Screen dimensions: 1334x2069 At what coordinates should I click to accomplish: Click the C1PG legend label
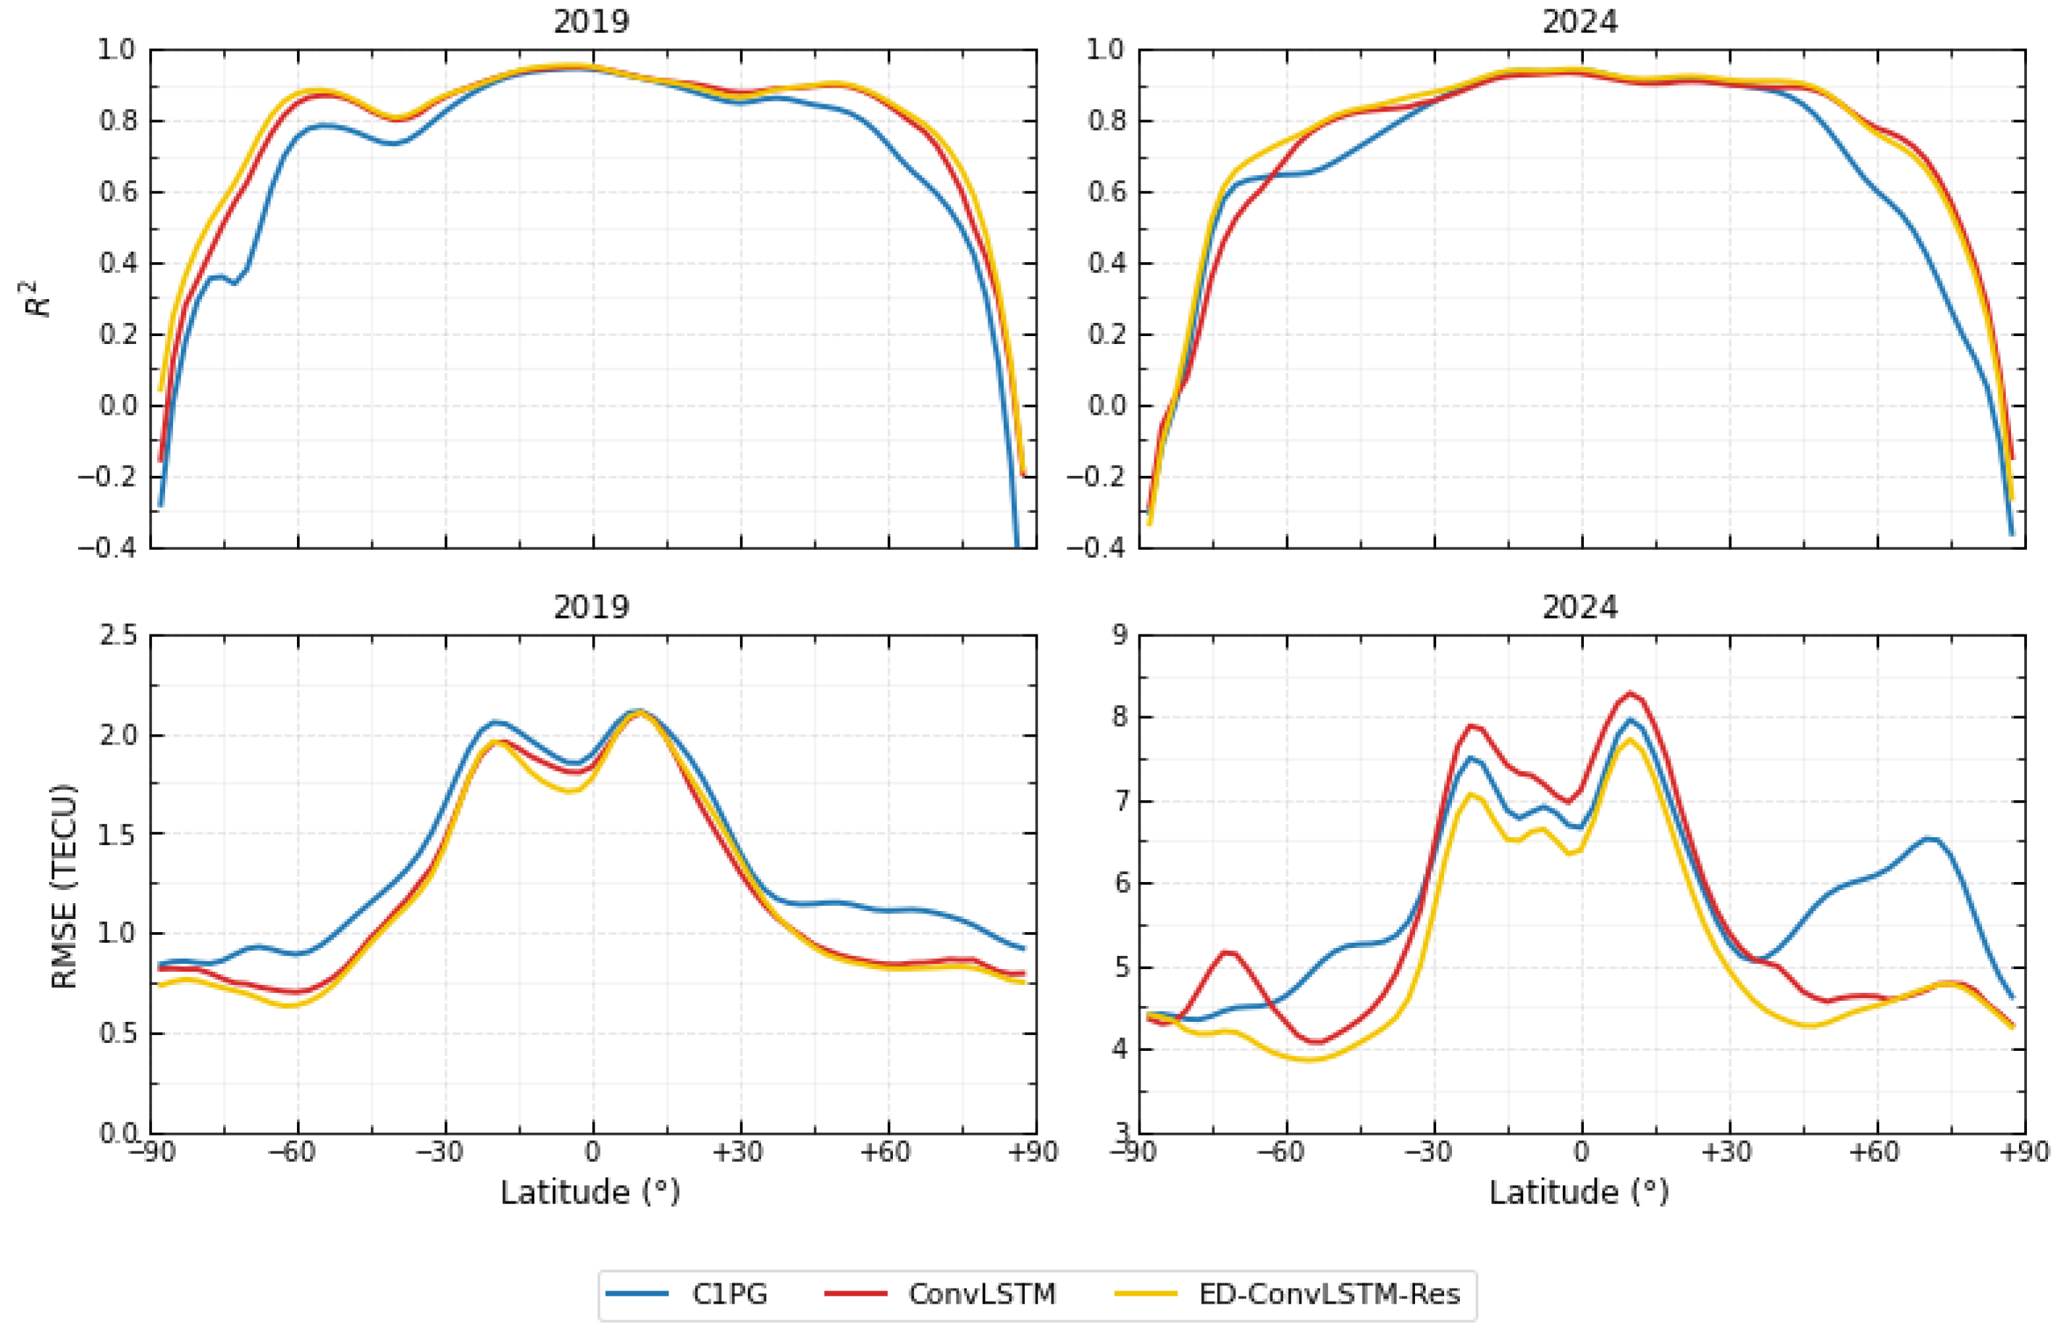[729, 1294]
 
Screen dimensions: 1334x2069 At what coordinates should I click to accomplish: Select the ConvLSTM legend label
[981, 1294]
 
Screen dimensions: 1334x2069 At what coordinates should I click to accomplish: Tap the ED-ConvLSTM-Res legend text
[1329, 1294]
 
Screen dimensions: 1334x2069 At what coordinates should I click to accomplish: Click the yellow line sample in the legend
[1145, 1294]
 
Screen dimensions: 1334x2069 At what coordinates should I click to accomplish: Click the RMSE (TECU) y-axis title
[64, 885]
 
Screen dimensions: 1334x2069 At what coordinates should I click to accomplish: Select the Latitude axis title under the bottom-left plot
[589, 1193]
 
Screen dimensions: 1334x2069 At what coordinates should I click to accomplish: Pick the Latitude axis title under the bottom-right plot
[1578, 1193]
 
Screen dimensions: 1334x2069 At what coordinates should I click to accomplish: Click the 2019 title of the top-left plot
[591, 22]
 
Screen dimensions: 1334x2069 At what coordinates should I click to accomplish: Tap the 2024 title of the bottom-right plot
[1579, 607]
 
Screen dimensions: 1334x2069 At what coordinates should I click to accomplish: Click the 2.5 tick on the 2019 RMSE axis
[118, 635]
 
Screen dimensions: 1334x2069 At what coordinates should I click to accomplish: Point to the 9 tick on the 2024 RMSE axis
[1120, 635]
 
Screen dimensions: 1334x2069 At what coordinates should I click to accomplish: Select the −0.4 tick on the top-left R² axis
[107, 548]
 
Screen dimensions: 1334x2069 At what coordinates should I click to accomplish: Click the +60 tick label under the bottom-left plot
[885, 1152]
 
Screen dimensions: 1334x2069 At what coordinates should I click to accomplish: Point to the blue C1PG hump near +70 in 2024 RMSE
[1929, 839]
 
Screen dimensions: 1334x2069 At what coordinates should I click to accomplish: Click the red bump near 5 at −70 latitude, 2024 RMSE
[1228, 953]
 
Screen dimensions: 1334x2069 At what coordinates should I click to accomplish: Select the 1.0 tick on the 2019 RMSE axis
[118, 934]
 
